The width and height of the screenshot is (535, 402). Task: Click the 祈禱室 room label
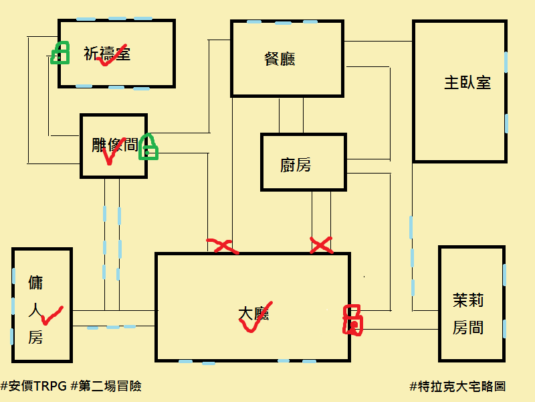(x=107, y=54)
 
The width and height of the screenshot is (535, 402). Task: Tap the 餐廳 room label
(x=280, y=59)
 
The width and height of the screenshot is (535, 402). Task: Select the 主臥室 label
(x=467, y=83)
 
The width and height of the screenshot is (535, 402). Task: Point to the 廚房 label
(x=296, y=165)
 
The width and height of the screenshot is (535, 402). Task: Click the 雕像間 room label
(x=115, y=145)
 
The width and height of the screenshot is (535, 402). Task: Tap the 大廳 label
(x=253, y=314)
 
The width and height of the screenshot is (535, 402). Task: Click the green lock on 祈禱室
(x=60, y=53)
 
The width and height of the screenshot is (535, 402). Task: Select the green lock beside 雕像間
(x=148, y=147)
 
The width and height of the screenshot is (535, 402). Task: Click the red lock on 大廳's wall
(x=352, y=320)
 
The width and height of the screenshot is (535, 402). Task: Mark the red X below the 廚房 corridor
(x=321, y=245)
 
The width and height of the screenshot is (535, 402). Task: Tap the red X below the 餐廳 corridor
(x=223, y=246)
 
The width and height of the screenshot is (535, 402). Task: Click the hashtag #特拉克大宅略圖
(x=457, y=387)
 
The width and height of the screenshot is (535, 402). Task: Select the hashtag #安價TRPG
(x=34, y=387)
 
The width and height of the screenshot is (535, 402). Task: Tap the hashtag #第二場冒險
(x=106, y=387)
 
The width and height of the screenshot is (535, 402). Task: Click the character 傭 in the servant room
(x=35, y=283)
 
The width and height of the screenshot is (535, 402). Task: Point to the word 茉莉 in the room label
(x=468, y=300)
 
